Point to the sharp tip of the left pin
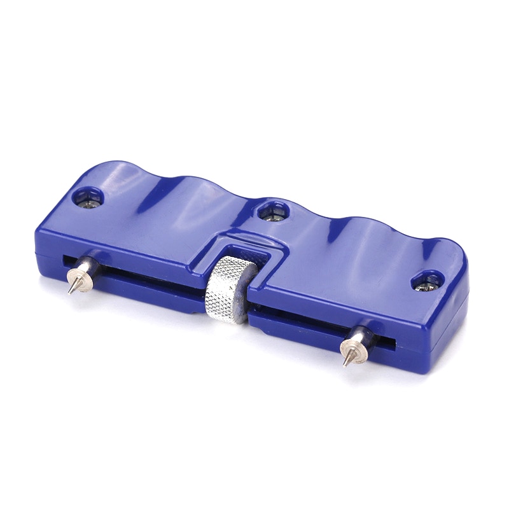69,293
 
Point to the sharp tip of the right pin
345,365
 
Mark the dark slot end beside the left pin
66,261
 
